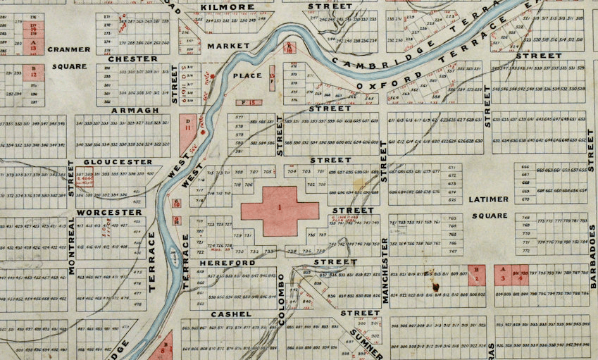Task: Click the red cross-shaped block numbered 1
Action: (280, 211)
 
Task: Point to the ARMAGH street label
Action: (131, 111)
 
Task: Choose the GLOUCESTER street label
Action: (118, 161)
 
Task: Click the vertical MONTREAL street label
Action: (71, 244)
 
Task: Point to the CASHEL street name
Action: (227, 313)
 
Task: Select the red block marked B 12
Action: (34, 72)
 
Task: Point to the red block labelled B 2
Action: (478, 274)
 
